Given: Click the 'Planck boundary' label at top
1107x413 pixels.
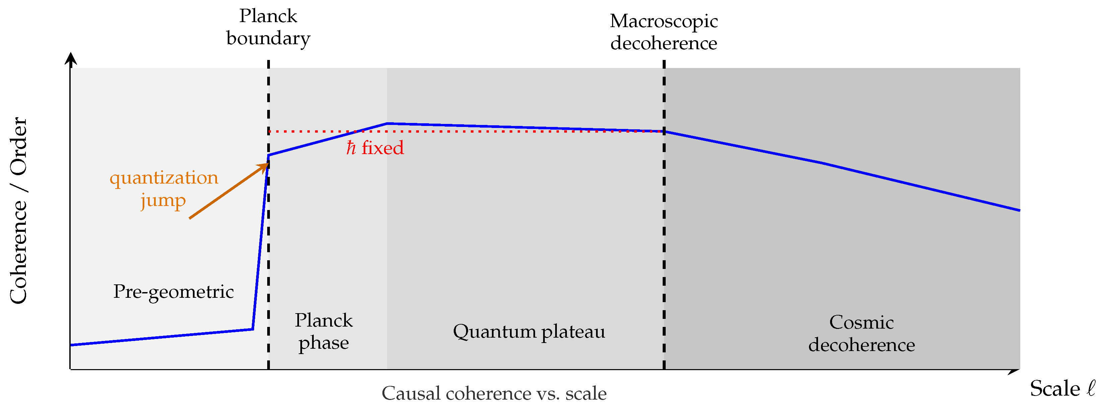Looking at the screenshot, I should pos(268,27).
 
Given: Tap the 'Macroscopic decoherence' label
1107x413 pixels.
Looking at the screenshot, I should pos(664,32).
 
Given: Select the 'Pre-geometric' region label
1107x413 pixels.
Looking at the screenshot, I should pos(173,292).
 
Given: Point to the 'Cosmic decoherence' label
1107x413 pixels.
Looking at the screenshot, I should pos(861,334).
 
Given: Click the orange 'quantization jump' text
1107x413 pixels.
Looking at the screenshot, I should pos(164,189).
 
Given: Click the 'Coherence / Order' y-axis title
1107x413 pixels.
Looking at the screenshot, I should pos(19,211).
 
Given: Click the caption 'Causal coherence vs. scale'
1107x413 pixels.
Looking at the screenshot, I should pos(494,394).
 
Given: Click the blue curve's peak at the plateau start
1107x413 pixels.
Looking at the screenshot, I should pos(387,124).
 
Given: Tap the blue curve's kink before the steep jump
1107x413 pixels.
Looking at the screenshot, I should pos(252,329).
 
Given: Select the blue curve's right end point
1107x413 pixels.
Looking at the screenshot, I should pos(1019,210).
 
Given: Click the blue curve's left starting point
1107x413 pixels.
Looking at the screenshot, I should pos(71,345).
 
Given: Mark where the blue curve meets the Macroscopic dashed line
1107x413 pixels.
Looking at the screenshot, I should pos(664,132).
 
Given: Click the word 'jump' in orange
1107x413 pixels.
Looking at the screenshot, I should pos(163,201).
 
